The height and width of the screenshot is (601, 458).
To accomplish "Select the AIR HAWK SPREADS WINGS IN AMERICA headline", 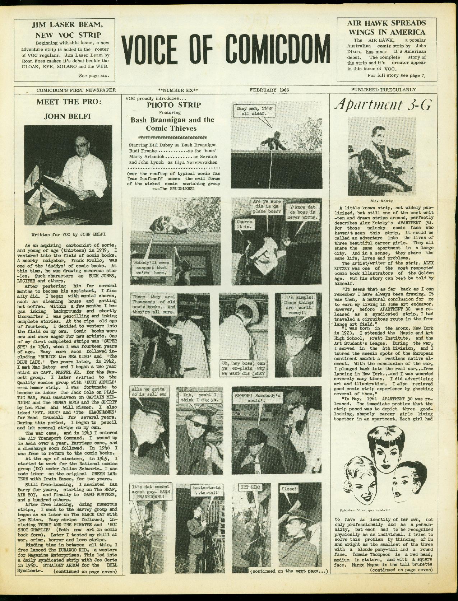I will click(386, 27).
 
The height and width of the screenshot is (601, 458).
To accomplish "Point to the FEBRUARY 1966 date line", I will click(269, 90).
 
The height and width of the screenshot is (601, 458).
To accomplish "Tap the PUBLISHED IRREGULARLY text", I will click(383, 90).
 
